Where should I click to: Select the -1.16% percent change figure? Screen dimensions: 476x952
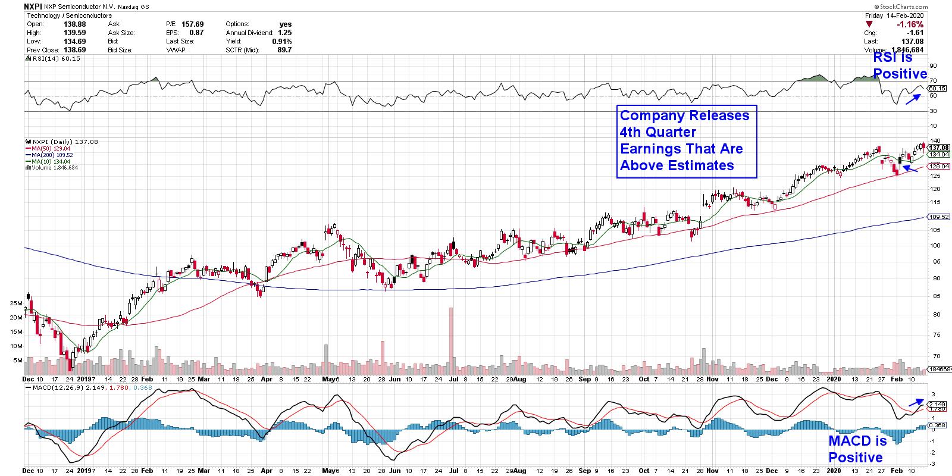pyautogui.click(x=911, y=24)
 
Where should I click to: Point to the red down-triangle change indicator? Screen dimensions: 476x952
pyautogui.click(x=869, y=24)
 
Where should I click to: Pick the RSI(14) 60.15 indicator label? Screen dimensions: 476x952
pyautogui.click(x=46, y=59)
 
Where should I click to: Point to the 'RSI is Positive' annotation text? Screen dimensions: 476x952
pyautogui.click(x=900, y=65)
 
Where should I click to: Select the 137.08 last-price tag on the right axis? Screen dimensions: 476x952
pyautogui.click(x=938, y=147)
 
